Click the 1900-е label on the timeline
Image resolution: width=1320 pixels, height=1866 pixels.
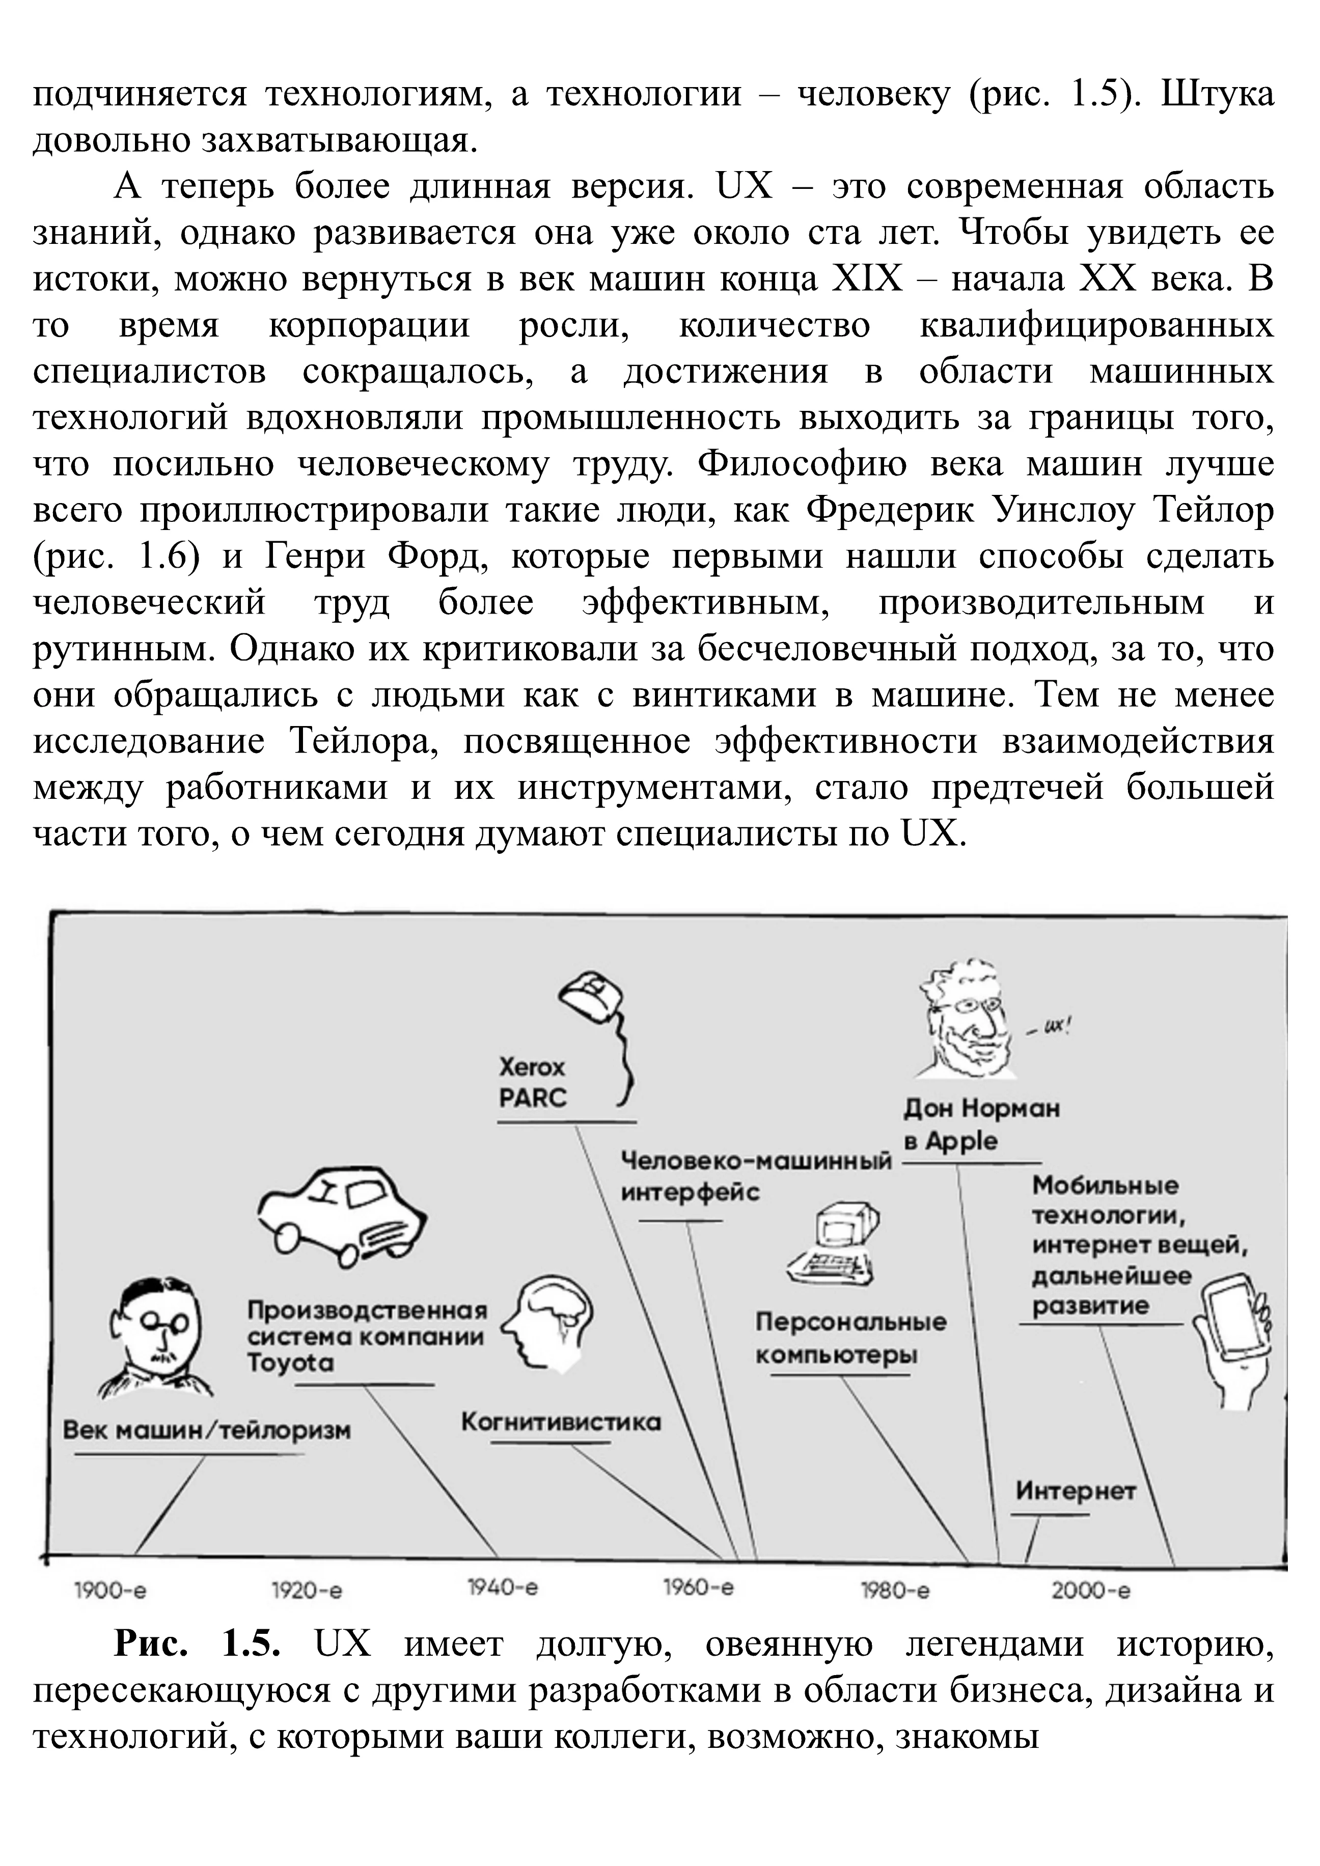[109, 1591]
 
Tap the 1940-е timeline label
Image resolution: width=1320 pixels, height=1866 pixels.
[502, 1586]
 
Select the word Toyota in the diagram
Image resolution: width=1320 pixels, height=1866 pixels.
[290, 1363]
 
